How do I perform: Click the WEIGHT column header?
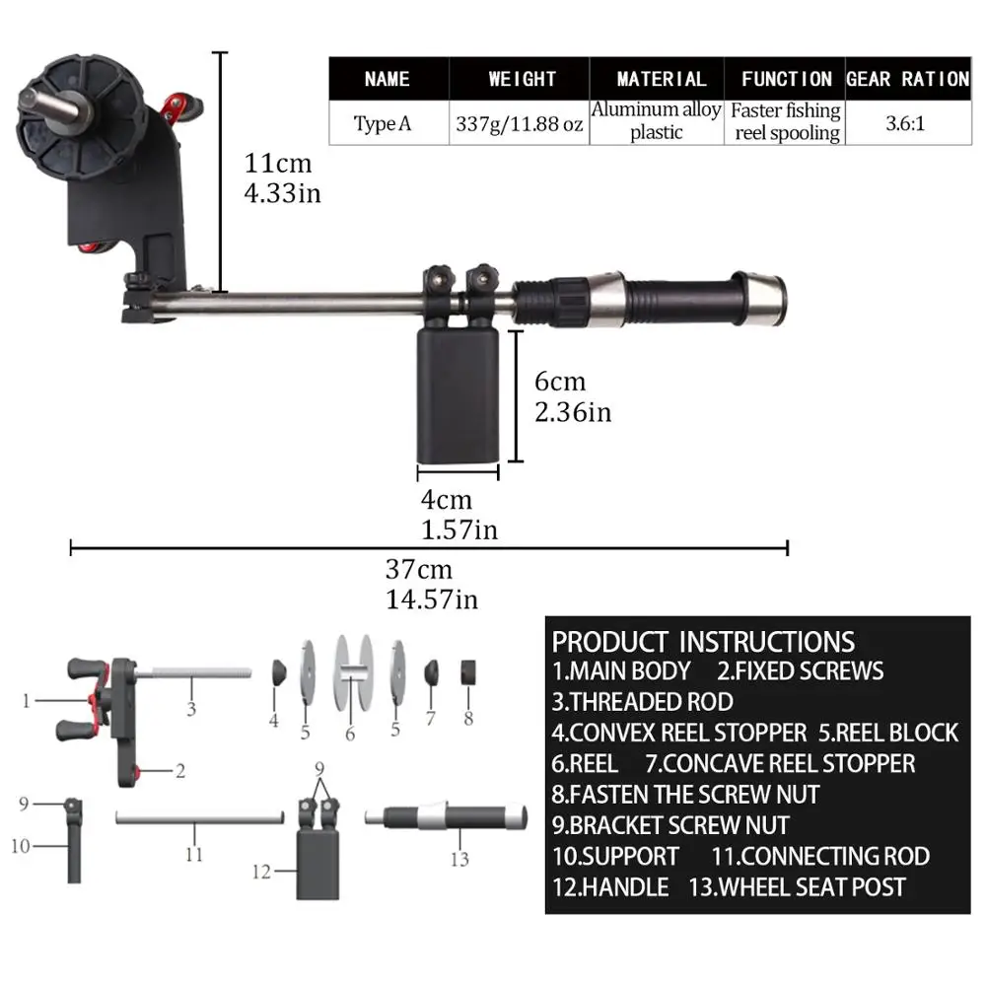[x=522, y=79]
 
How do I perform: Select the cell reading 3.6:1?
[x=908, y=125]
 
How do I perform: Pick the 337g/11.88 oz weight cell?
[x=520, y=125]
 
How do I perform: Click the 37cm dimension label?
[x=418, y=570]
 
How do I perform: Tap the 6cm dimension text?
[x=559, y=382]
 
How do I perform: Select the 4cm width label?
[x=447, y=501]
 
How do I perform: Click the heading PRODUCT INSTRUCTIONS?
[x=702, y=641]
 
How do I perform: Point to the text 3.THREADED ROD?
[x=642, y=702]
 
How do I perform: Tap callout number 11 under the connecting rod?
[x=194, y=854]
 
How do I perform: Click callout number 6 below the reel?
[x=349, y=735]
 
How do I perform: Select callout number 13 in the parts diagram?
[x=459, y=859]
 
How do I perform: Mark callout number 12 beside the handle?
[x=261, y=871]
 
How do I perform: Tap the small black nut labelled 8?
[x=468, y=671]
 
